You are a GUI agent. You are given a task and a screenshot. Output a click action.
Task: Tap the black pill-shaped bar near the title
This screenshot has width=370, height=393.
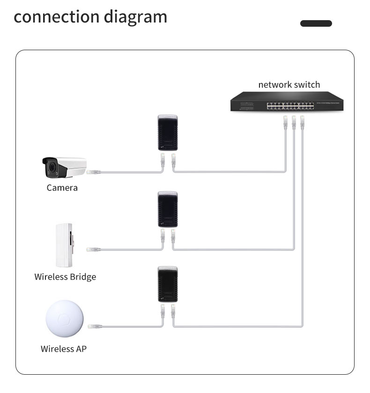tap(316, 23)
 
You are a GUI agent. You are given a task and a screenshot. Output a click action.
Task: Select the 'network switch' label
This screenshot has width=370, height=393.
tap(289, 85)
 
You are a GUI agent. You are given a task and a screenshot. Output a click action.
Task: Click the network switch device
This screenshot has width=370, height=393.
tap(286, 101)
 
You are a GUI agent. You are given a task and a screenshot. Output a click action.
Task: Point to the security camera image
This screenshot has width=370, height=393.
tap(64, 168)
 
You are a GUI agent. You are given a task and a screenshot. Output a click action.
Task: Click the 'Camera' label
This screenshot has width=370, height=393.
tap(62, 188)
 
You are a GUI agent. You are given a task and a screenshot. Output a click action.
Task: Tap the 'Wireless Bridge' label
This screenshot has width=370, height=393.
tap(65, 277)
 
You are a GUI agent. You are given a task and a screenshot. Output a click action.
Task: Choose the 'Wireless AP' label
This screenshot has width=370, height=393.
tap(63, 349)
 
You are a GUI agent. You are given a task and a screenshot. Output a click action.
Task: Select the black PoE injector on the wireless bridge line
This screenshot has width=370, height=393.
tap(167, 210)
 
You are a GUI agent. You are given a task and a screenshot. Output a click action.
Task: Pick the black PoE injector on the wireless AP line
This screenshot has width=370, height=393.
tap(167, 285)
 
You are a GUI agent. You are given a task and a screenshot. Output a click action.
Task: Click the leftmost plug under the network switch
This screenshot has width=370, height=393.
tap(285, 122)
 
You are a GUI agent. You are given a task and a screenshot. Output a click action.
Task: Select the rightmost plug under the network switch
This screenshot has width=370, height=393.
tap(302, 122)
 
